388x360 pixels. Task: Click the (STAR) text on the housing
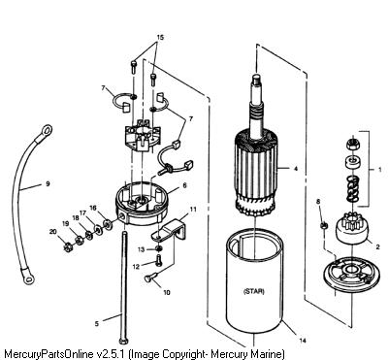(x=253, y=291)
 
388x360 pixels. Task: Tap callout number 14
(x=303, y=341)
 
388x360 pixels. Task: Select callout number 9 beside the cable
(x=48, y=183)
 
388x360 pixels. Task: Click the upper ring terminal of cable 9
(x=47, y=130)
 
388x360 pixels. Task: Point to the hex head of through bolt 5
(x=123, y=341)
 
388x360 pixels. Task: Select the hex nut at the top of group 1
(x=353, y=144)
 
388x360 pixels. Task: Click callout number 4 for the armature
(x=295, y=169)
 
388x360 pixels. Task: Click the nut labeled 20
(x=68, y=247)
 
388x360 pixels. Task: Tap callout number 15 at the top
(x=160, y=38)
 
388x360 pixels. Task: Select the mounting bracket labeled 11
(x=169, y=230)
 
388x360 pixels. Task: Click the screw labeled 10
(x=150, y=277)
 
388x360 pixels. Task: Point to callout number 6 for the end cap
(x=184, y=185)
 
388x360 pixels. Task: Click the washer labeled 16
(x=107, y=223)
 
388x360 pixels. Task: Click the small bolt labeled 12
(x=159, y=260)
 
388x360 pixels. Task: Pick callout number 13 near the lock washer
(x=142, y=249)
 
